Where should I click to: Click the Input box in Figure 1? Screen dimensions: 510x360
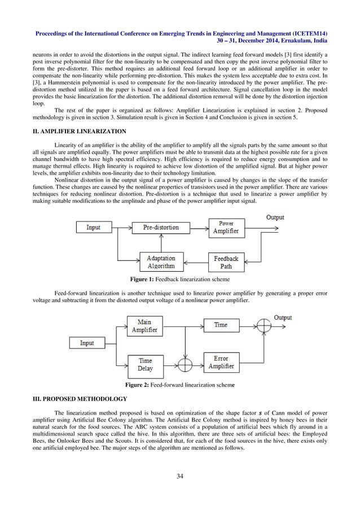click(x=94, y=228)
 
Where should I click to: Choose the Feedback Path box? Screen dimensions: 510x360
click(x=226, y=261)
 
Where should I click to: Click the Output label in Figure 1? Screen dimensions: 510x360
click(x=275, y=217)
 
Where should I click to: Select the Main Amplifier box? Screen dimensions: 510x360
click(x=144, y=326)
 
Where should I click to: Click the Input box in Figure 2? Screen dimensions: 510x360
click(x=87, y=343)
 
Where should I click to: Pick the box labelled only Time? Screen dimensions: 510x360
click(x=221, y=325)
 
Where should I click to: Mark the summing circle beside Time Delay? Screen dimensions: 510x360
click(x=184, y=363)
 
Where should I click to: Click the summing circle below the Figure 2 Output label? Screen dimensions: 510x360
click(x=265, y=326)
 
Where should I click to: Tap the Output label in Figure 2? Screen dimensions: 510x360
click(x=283, y=318)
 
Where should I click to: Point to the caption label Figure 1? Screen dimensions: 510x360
click(x=145, y=279)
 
